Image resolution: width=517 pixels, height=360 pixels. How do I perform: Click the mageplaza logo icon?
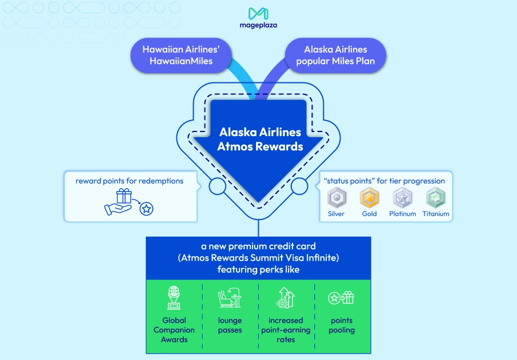point(258,13)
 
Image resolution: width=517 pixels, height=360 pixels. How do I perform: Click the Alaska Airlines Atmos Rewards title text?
point(260,139)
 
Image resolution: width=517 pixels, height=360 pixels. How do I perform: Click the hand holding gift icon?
point(120,202)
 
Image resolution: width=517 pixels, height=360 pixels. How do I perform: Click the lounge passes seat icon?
point(230,298)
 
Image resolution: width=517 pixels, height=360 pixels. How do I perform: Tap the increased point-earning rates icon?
point(286,298)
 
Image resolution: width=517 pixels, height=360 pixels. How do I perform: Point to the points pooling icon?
point(341,298)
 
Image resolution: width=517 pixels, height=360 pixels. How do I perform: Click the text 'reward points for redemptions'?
point(129,181)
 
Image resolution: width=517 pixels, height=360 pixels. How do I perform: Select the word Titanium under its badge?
point(436,214)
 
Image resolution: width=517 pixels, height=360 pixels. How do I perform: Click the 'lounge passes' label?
point(230,325)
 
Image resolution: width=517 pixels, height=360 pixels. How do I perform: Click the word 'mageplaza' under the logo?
point(258,26)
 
